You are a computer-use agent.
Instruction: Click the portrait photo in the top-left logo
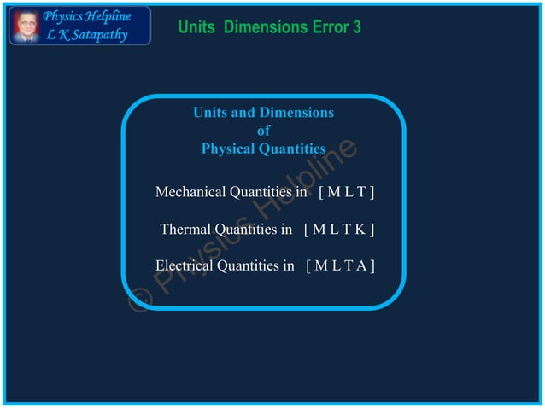26,26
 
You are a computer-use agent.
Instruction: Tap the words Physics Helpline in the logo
86,16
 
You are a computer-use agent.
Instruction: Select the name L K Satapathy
85,34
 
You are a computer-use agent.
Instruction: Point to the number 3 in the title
356,27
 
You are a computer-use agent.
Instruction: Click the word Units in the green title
197,27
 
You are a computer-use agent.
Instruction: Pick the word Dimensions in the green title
256,27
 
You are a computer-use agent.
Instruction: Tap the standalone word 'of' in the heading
263,131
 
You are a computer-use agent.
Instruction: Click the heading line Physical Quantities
263,149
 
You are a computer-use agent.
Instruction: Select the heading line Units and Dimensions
263,113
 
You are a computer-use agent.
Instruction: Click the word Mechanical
191,192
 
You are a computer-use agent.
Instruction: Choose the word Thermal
185,229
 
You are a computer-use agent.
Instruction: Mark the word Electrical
185,265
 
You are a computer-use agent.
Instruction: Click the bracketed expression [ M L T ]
346,192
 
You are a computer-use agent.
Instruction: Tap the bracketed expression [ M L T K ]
339,229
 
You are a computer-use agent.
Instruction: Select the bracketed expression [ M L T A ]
340,265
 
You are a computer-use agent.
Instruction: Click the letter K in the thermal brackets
360,229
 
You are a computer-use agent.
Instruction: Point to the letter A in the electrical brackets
361,265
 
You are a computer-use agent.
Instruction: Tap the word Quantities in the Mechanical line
260,192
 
